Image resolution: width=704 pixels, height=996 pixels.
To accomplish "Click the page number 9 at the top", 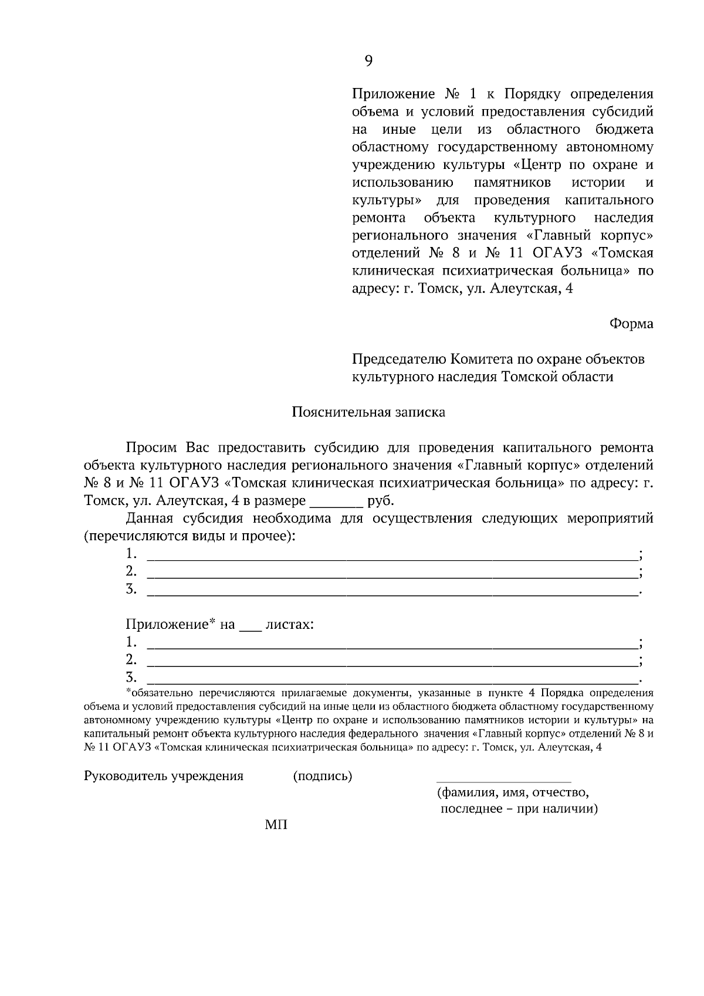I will (x=368, y=60).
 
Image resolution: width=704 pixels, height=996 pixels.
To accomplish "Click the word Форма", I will (x=631, y=323).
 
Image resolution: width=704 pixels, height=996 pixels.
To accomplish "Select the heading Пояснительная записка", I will (x=368, y=412).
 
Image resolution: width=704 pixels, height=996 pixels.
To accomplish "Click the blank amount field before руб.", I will (x=336, y=502).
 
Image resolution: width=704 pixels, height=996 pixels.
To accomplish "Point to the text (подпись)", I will (x=323, y=776).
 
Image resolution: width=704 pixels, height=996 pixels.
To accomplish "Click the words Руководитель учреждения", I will (x=164, y=776).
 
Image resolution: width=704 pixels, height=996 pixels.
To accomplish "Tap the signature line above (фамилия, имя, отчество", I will (x=503, y=781).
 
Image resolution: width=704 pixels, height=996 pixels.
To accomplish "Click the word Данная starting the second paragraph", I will (x=150, y=519).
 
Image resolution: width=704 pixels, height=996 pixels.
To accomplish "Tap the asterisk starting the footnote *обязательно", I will (x=128, y=692).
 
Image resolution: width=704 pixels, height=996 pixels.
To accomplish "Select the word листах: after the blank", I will (x=289, y=624).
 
